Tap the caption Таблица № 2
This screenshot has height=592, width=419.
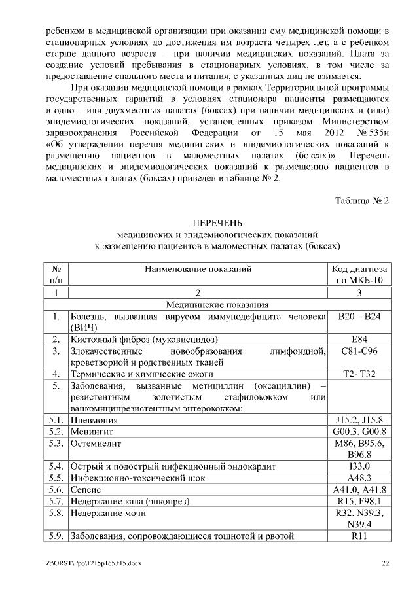coord(362,200)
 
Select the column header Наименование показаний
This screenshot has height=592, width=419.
coord(198,268)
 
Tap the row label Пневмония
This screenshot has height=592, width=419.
coord(95,420)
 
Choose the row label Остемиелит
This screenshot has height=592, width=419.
coord(97,444)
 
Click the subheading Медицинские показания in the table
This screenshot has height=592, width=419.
coord(217,305)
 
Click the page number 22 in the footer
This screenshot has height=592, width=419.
coord(386,563)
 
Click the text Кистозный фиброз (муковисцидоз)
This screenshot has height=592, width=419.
coord(144,340)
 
